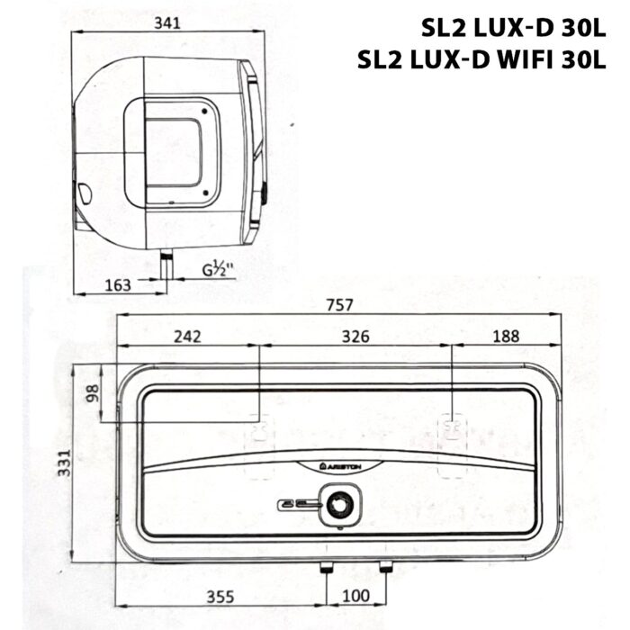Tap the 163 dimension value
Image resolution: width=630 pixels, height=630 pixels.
(x=117, y=285)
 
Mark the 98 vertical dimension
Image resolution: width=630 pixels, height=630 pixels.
(x=91, y=393)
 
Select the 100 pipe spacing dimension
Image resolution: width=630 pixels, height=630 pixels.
(x=357, y=596)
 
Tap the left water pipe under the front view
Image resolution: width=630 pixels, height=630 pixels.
(x=327, y=568)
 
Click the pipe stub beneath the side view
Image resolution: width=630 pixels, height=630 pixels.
(x=167, y=266)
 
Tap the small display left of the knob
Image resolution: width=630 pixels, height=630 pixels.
(x=298, y=505)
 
